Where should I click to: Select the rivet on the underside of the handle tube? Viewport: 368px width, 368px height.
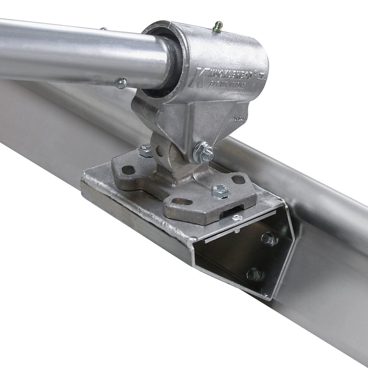tap(121, 83)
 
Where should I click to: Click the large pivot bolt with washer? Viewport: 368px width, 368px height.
tap(203, 152)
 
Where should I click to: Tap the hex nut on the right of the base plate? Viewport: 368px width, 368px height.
tap(220, 191)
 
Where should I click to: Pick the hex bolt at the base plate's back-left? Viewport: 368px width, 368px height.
tap(146, 150)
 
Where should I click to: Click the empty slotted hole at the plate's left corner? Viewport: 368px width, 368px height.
tap(128, 170)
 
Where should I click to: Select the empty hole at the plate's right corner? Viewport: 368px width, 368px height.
tap(238, 179)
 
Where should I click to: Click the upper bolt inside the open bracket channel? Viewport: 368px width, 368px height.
tap(268, 239)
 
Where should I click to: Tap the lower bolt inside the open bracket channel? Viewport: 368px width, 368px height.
tap(254, 274)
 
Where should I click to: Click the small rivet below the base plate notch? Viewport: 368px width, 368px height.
tap(236, 218)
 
